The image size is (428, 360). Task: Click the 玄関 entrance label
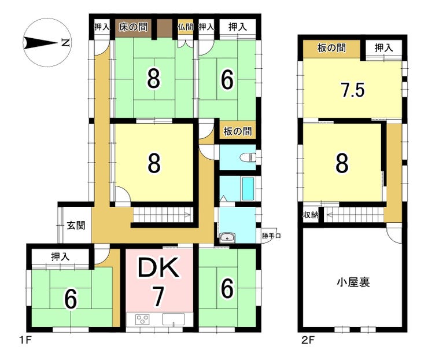point(76,226)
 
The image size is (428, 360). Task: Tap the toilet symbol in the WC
point(248,157)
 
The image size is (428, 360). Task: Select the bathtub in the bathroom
point(248,189)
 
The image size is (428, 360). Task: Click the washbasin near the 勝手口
point(227,237)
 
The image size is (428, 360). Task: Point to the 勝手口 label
point(271,236)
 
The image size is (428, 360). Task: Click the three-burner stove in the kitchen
point(142,319)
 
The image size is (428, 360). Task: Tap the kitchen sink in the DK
point(174,319)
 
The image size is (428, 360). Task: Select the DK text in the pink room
point(158,267)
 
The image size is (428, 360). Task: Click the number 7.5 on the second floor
point(352,90)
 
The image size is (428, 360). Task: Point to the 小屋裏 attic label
point(353,282)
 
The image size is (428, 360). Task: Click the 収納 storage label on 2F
point(311,215)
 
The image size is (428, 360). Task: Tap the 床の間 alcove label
point(133,27)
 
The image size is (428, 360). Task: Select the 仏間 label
point(185,27)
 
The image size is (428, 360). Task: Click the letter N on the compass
point(66,43)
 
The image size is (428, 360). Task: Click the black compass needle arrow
point(40,43)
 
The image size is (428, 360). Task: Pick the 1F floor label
point(25,340)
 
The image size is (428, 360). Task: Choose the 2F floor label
point(308,340)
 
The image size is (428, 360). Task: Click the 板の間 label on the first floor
point(238,131)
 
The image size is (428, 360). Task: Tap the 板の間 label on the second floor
point(331,48)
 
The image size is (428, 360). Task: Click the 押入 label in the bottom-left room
point(60,256)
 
